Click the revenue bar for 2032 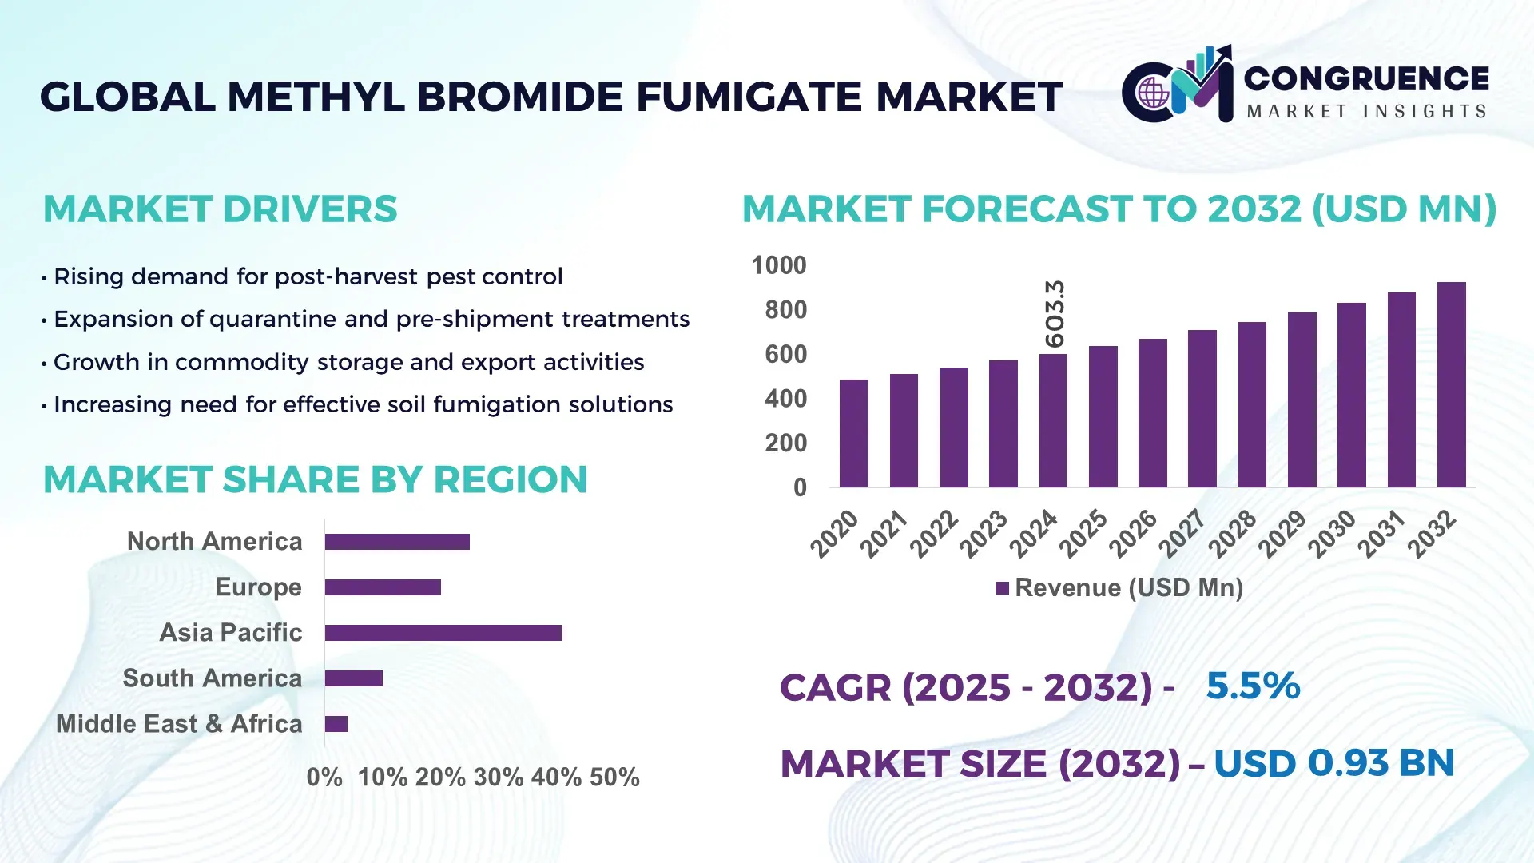(x=1451, y=385)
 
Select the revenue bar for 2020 (x=854, y=434)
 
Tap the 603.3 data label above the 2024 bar (x=1055, y=313)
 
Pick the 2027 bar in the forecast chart (x=1202, y=409)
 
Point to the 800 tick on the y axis (x=785, y=310)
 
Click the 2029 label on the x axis (x=1282, y=534)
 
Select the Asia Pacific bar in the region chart (x=443, y=633)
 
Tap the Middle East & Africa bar (x=336, y=724)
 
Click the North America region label (x=214, y=542)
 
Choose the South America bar (x=354, y=678)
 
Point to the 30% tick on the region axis (x=499, y=777)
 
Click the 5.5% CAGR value (x=1253, y=686)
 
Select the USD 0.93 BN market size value (x=1333, y=763)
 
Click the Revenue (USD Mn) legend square (x=1002, y=589)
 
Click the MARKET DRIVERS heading (x=220, y=209)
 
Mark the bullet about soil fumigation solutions (x=363, y=405)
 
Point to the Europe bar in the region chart (x=383, y=587)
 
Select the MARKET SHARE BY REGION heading (x=315, y=480)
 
